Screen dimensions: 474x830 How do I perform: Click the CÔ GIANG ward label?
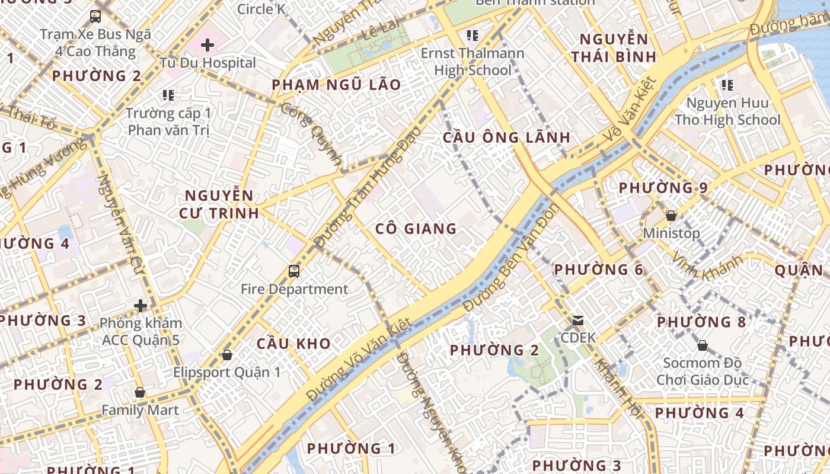[416, 229]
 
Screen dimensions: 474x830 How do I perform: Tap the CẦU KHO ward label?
[293, 344]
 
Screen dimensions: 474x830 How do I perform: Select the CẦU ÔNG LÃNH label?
[506, 137]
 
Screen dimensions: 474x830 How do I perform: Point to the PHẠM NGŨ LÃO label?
[336, 85]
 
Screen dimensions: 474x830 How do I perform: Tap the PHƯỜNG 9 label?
[663, 188]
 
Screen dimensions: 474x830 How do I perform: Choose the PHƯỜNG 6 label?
[598, 270]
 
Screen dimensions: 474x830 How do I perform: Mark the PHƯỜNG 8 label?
[701, 322]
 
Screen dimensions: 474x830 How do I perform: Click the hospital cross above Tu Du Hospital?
[207, 45]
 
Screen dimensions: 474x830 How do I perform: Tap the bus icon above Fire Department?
[294, 271]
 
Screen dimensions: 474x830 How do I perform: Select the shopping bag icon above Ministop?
[671, 216]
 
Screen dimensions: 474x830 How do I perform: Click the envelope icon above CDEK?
[577, 321]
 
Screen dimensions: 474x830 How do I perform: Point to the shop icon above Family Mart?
[140, 392]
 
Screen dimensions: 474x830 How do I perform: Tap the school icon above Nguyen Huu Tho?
[727, 85]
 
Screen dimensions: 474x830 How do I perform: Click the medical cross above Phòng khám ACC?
[141, 306]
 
